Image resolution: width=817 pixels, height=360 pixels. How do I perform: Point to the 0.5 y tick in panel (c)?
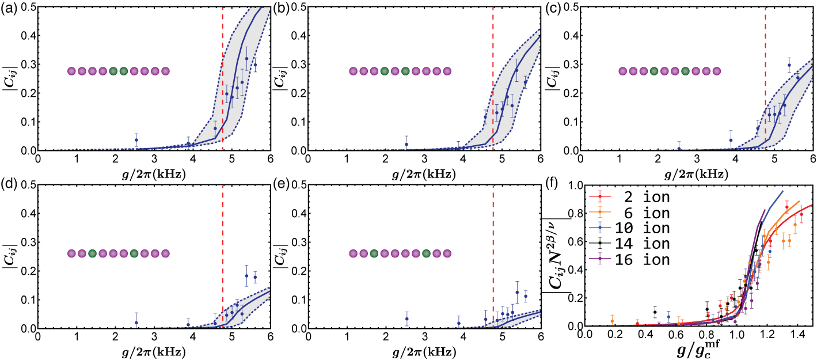[606, 6]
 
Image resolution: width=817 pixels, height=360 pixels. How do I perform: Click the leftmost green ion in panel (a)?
[113, 71]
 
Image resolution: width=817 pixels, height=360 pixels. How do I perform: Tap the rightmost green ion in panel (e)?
[426, 253]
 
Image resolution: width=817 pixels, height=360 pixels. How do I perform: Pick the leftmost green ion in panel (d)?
[92, 253]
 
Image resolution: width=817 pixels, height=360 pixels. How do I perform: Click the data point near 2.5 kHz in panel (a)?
[136, 140]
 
